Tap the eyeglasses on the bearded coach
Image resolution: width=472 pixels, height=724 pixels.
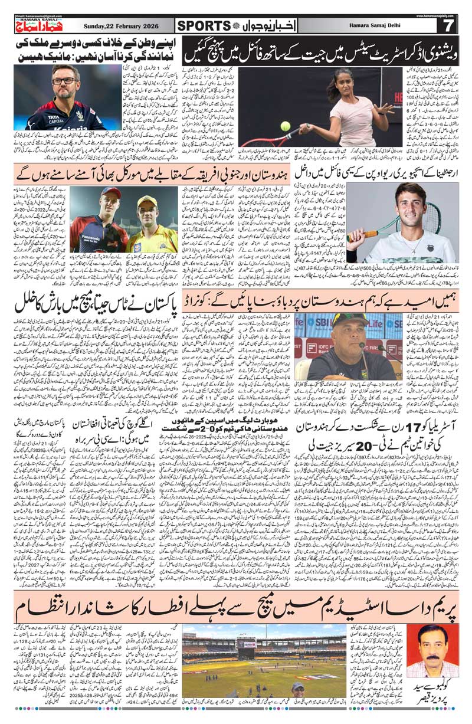64,81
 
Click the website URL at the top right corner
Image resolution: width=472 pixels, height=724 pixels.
440,16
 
